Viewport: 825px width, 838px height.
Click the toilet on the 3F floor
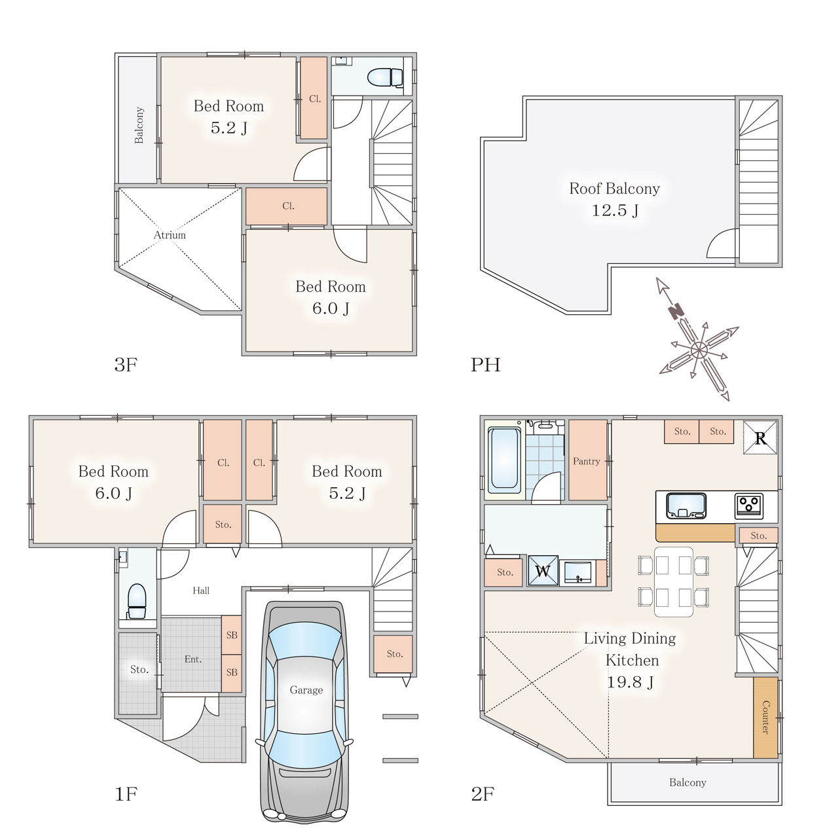point(386,77)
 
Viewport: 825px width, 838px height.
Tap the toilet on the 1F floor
point(137,601)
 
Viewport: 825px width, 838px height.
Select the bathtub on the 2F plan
point(504,460)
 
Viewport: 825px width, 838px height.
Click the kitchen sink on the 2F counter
point(686,506)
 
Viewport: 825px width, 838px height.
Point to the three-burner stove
point(748,506)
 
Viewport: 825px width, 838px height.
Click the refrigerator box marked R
point(760,437)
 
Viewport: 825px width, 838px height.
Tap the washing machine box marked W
point(543,570)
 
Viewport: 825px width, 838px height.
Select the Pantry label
point(586,461)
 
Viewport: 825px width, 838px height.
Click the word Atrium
point(170,235)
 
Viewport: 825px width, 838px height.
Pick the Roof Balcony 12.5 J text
point(614,199)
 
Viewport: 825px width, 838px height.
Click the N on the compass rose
point(676,311)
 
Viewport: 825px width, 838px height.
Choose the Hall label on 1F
point(201,590)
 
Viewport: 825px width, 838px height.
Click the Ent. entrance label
point(192,659)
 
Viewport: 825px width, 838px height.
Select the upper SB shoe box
point(232,635)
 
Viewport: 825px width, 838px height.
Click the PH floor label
point(486,365)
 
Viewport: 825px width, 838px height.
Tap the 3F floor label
point(126,365)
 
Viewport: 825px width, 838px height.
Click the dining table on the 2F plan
point(674,581)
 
